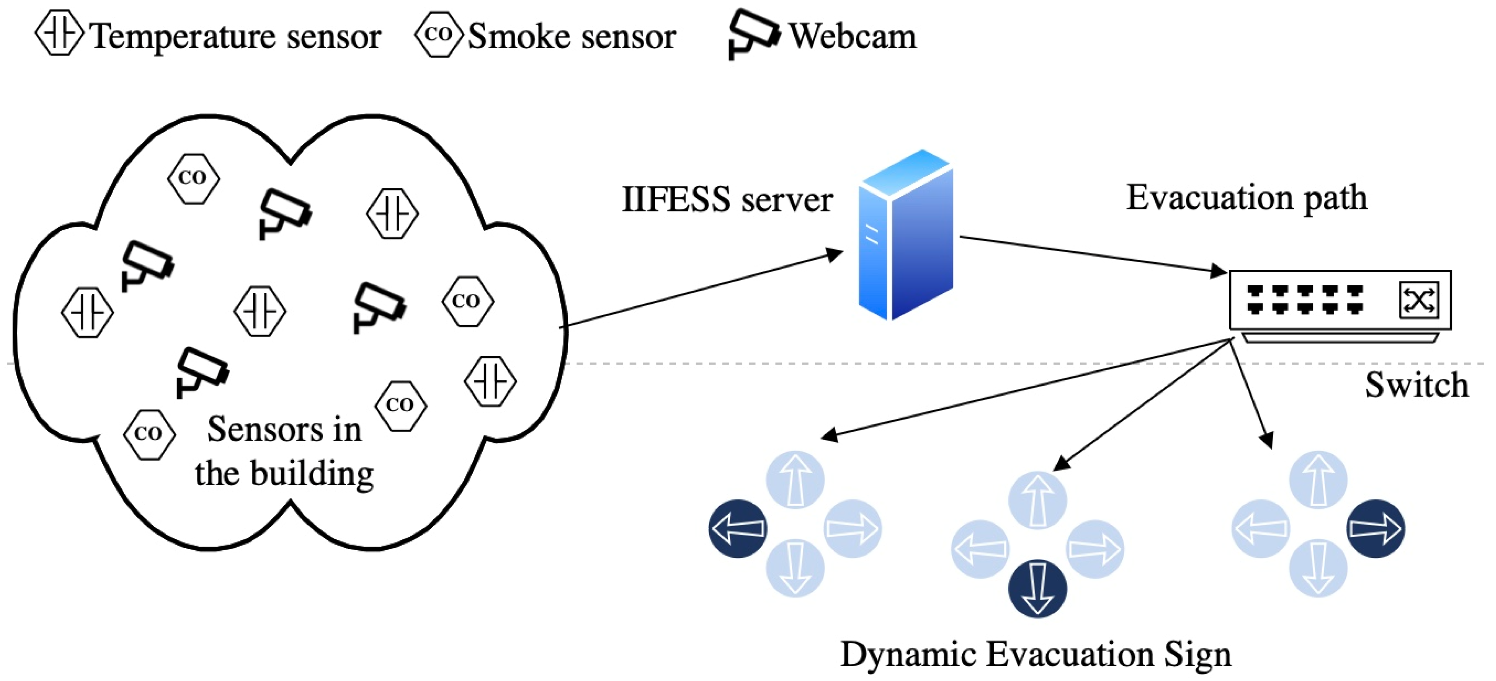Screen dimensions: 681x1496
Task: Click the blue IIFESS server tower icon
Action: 906,235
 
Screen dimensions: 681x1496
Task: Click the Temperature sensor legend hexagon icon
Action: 59,33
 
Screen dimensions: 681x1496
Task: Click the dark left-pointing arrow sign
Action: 738,528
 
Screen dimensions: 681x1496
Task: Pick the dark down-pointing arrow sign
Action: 1037,588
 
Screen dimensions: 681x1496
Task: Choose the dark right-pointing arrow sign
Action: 1375,528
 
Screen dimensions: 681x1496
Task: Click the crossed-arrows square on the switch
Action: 1418,300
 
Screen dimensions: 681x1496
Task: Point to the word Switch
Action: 1416,385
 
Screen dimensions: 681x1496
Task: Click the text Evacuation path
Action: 1246,198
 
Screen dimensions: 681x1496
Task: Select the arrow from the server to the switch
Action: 1092,254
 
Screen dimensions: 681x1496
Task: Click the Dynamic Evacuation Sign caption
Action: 1036,655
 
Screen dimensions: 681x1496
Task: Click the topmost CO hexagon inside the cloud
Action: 193,178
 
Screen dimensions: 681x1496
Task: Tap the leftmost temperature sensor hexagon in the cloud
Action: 87,313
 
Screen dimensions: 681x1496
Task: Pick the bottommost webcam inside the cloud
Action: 201,372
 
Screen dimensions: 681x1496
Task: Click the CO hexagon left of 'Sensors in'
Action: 149,434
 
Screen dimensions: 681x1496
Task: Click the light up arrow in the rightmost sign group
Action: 1318,480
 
